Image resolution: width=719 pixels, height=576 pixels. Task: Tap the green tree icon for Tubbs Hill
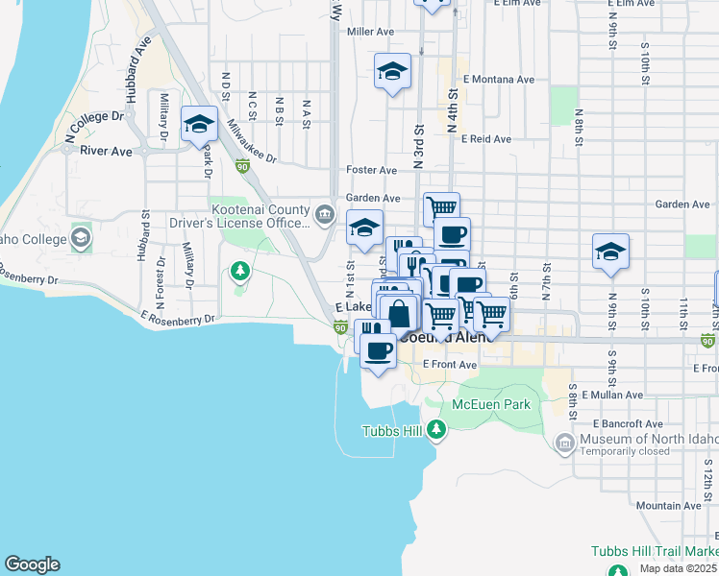[437, 429]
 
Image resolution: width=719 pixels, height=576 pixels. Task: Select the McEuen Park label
[491, 405]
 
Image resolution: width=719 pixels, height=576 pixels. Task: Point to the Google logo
[32, 564]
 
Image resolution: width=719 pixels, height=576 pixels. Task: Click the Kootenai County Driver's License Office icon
[325, 213]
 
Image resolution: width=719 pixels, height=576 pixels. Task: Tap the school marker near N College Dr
[199, 124]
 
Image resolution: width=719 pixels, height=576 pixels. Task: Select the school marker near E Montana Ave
[391, 72]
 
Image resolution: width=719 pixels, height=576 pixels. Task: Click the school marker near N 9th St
[609, 252]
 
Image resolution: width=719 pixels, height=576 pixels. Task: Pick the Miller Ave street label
[371, 32]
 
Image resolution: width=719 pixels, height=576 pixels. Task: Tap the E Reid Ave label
[485, 139]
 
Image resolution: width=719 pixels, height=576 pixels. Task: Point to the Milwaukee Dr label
[252, 142]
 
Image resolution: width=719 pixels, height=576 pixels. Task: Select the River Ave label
[106, 151]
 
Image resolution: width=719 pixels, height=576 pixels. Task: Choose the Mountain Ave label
[668, 505]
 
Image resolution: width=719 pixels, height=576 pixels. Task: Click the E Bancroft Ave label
[628, 423]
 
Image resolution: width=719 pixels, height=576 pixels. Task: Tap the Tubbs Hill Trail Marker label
[654, 553]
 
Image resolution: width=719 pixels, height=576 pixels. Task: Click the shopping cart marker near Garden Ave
[441, 207]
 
